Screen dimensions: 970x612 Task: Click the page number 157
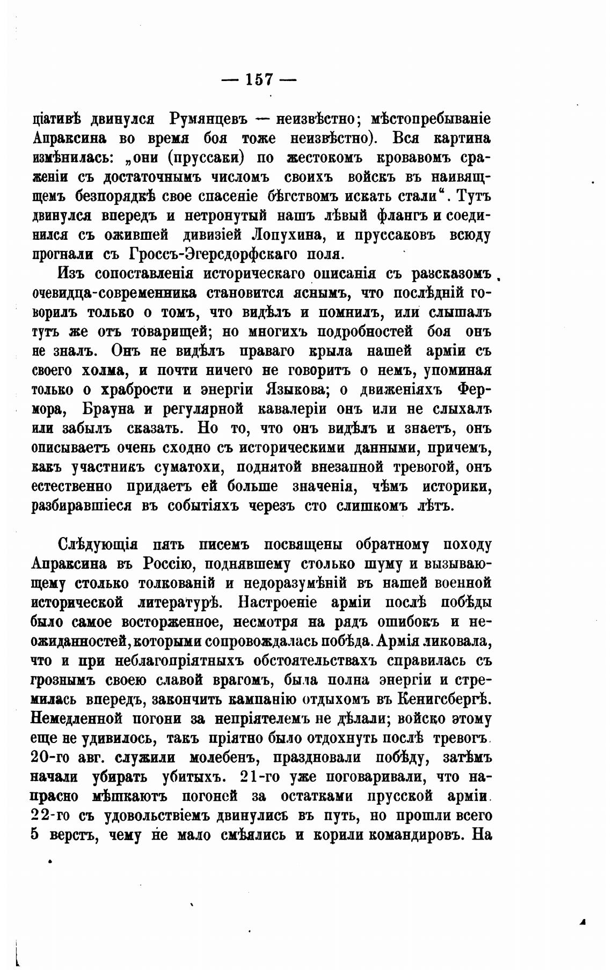point(260,79)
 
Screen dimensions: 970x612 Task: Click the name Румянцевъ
point(210,119)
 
